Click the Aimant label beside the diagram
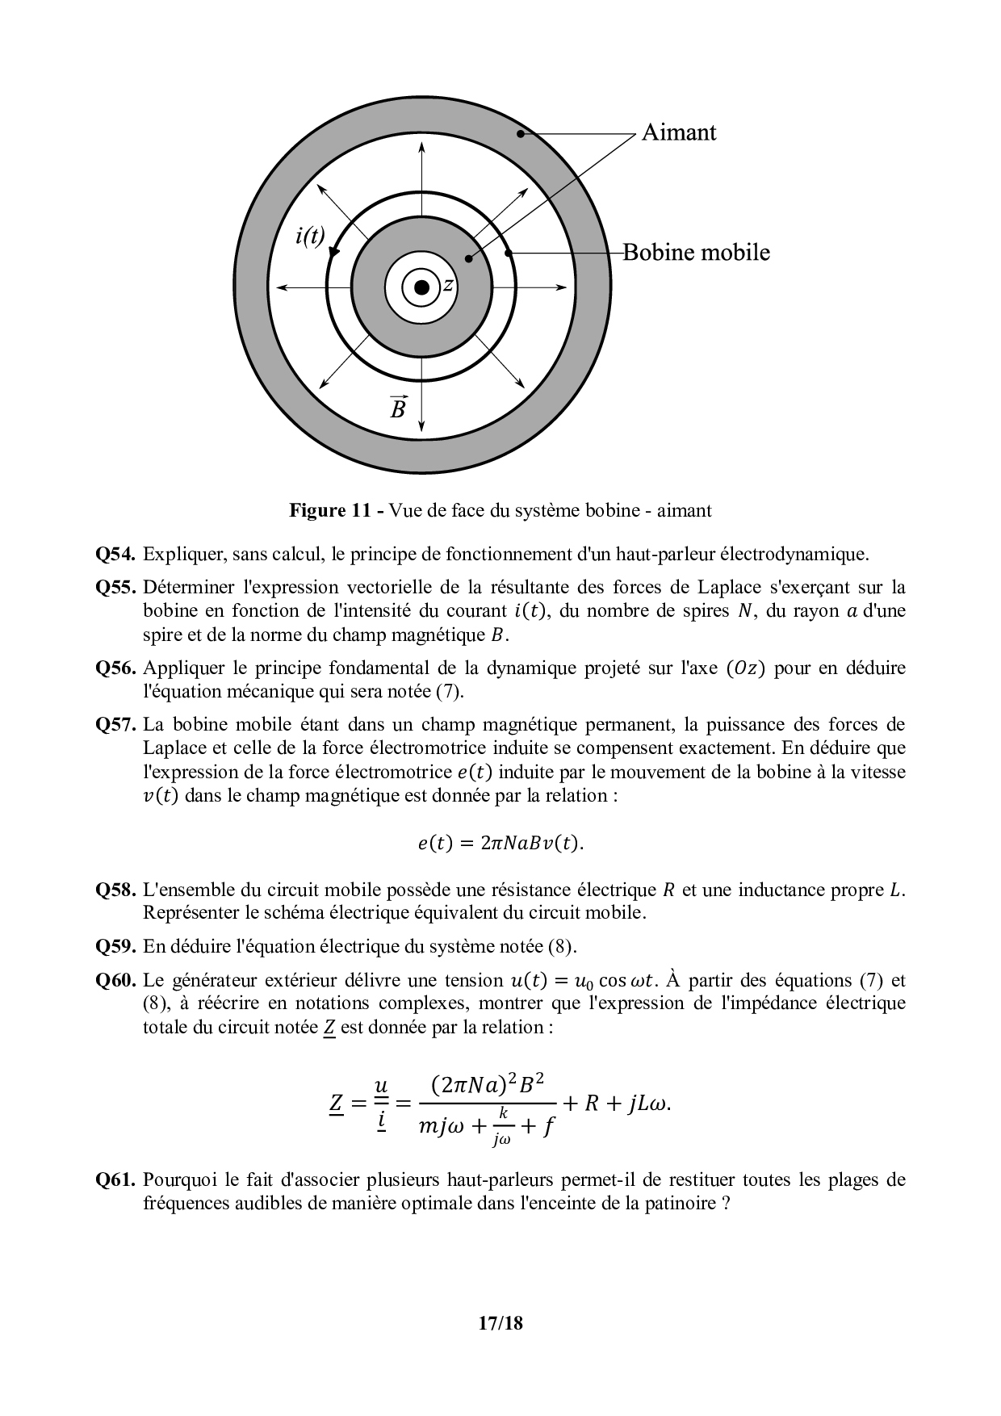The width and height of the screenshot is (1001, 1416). tap(678, 132)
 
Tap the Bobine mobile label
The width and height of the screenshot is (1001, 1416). tap(696, 253)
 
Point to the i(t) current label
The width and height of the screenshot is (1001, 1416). tap(310, 236)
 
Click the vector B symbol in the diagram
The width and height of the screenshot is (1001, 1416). tap(398, 408)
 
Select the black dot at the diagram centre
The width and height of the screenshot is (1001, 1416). tap(421, 287)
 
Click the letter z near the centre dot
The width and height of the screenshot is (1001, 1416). tap(448, 285)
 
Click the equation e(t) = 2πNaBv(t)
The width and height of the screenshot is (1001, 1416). tap(500, 844)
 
